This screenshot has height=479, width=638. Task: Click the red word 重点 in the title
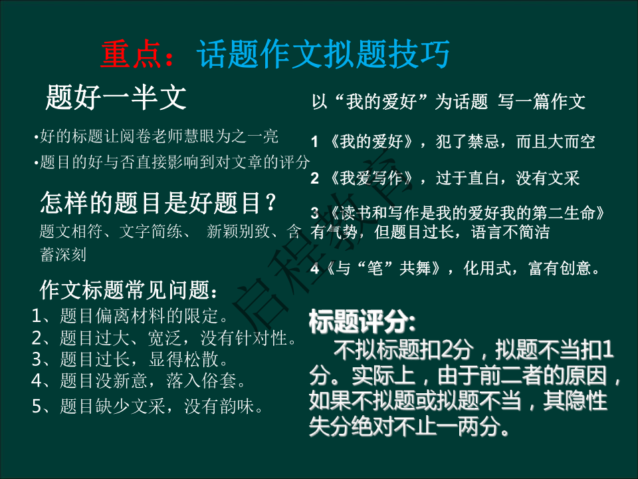click(132, 55)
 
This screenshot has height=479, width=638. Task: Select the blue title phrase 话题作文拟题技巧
click(324, 55)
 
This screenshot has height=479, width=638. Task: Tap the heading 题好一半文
click(116, 98)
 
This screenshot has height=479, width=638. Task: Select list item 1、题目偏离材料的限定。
click(131, 315)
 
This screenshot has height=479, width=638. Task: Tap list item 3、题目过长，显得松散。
click(131, 359)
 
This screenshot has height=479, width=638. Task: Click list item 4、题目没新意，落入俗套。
click(141, 381)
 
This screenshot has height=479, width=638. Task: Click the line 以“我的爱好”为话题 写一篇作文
click(449, 102)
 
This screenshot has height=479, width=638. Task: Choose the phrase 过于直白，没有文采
click(508, 178)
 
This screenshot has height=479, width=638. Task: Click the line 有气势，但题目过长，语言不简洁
click(430, 233)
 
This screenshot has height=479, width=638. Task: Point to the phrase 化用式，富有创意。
click(533, 269)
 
